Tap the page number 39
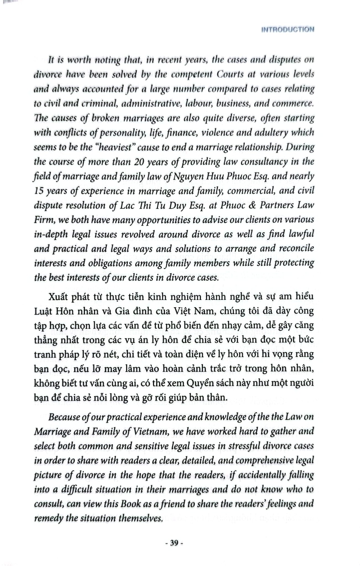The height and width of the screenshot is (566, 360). [x=174, y=543]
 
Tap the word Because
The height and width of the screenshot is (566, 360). [x=65, y=417]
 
